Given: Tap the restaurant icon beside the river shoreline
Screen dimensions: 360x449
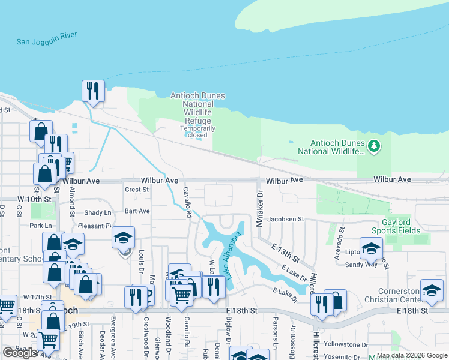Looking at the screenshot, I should tap(93, 91).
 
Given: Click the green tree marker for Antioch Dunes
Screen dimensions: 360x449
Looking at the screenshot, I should tap(374, 146).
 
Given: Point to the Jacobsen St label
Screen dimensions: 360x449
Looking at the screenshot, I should tap(286, 220).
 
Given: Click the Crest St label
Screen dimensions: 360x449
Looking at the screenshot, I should tap(136, 190).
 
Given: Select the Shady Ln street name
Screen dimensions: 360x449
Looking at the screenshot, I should tap(98, 212).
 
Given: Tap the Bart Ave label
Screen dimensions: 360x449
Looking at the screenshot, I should tap(137, 211).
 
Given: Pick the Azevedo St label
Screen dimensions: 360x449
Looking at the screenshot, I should tap(342, 238).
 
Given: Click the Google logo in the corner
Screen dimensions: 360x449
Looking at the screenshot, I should tap(20, 353).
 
